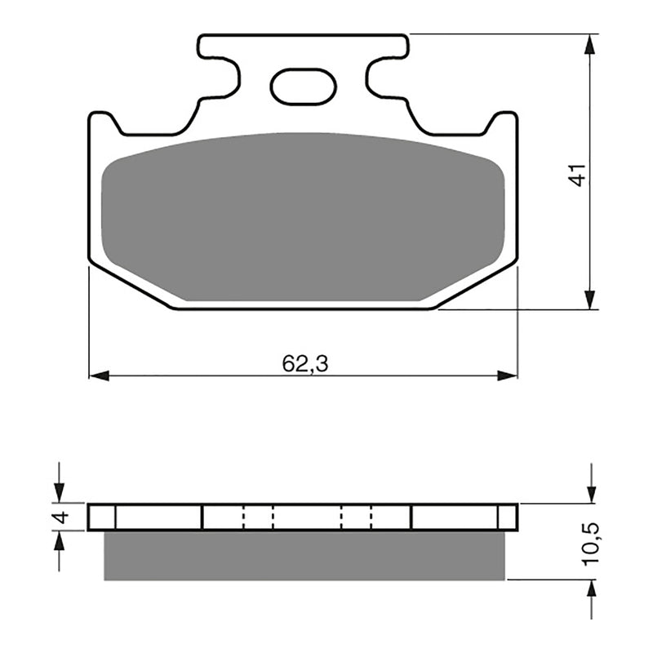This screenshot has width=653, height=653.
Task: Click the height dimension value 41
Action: tap(578, 175)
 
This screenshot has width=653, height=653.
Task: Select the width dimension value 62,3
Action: tap(305, 364)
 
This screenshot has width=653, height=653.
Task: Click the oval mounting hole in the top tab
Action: tap(303, 87)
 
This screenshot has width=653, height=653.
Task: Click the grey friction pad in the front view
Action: tap(302, 216)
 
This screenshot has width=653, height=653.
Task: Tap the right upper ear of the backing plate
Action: tap(505, 122)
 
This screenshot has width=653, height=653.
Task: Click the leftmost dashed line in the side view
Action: tap(244, 517)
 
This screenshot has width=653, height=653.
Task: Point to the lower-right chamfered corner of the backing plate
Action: tap(478, 286)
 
